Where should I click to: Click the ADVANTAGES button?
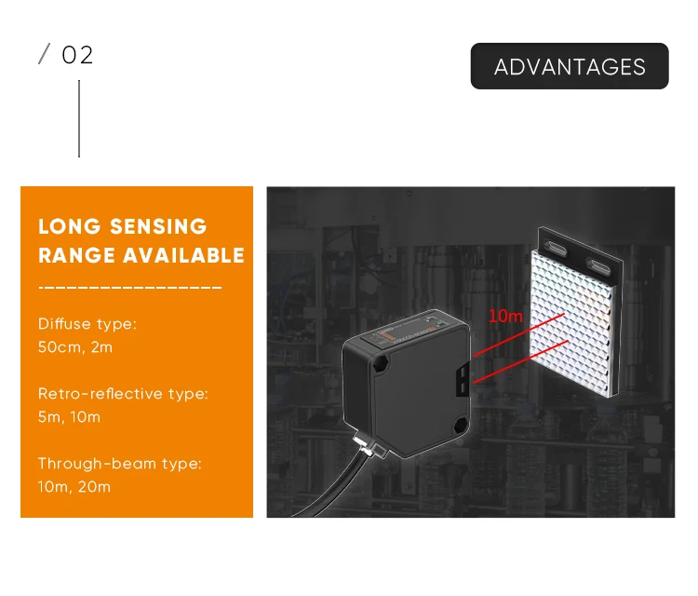(570, 66)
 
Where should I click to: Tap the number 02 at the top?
(77, 56)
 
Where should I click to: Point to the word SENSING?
(158, 226)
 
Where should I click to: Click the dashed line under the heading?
(130, 287)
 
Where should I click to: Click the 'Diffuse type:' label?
(87, 324)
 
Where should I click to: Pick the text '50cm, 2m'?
(75, 347)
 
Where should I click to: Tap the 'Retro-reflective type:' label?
(123, 394)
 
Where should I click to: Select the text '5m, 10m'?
(69, 417)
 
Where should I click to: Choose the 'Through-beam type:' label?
(119, 463)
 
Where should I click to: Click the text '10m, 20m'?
(74, 486)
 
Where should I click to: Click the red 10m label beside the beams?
(505, 316)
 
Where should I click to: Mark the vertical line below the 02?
(79, 118)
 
